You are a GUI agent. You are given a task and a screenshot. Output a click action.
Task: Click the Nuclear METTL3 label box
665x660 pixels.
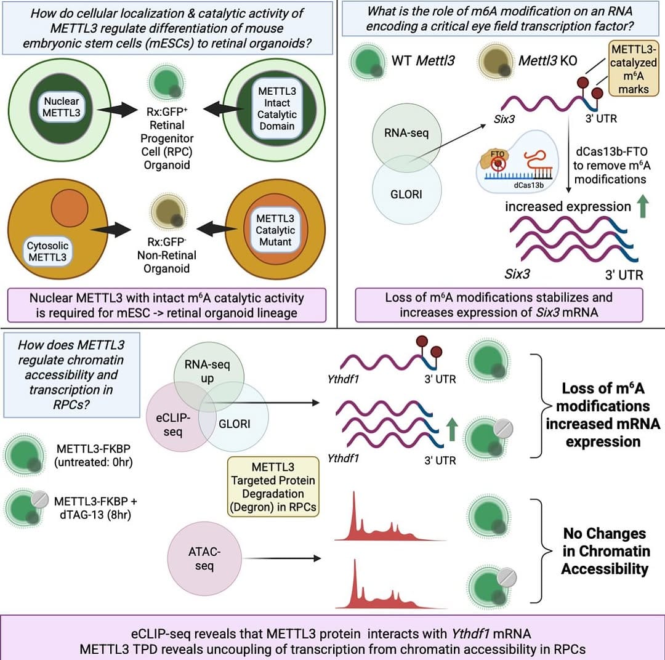pos(62,107)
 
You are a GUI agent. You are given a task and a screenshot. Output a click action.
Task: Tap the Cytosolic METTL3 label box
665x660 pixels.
pos(47,252)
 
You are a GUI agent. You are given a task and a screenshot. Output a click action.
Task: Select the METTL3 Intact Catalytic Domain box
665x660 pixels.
pos(276,108)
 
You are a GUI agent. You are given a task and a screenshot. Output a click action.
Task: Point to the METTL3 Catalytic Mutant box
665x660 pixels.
pos(275,230)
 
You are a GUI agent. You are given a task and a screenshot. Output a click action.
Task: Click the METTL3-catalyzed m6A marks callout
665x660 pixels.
pos(634,69)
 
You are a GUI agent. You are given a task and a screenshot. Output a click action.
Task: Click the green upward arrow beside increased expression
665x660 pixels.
pos(643,206)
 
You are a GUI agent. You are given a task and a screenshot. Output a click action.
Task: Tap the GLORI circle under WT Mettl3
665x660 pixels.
pos(407,189)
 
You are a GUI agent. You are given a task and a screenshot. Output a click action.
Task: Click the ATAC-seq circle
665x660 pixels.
pos(204,558)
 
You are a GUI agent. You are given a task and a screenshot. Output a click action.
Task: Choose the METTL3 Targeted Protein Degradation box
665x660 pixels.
pos(273,486)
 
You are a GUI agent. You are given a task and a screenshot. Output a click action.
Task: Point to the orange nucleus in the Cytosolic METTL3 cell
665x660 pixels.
pos(70,208)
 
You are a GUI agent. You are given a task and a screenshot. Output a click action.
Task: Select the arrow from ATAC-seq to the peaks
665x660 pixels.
pos(283,558)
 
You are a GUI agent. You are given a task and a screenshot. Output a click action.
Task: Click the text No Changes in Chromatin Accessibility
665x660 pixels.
pos(605,551)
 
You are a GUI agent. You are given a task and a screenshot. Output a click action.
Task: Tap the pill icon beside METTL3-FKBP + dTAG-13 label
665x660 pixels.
pos(40,499)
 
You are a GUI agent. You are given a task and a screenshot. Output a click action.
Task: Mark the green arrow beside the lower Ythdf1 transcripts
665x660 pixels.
pos(452,429)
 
